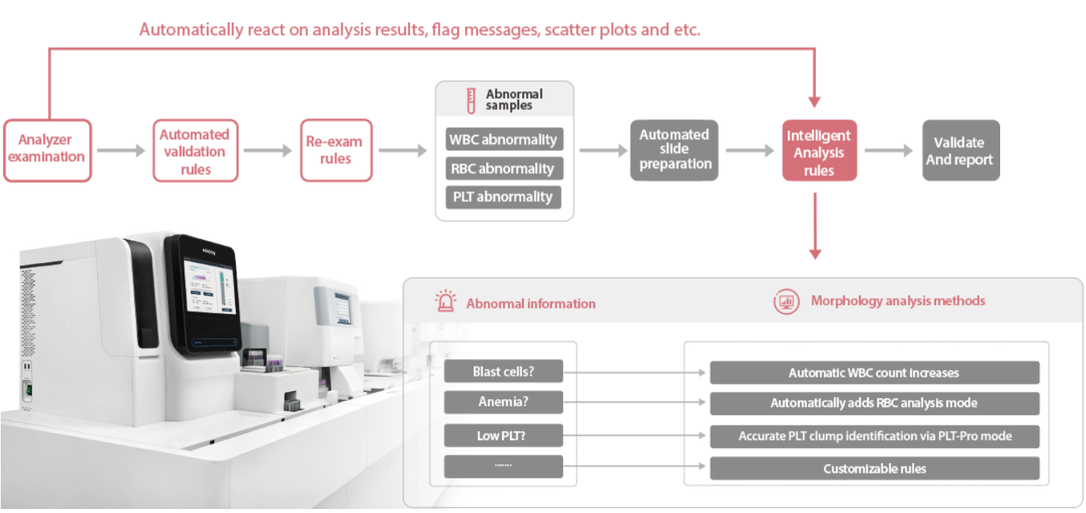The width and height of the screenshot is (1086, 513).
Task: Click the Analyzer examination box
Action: coord(47,151)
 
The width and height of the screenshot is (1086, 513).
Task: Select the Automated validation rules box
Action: coord(196,151)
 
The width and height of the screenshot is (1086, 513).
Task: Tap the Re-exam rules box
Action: coord(336,151)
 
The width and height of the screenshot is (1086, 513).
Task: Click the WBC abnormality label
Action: coord(505,139)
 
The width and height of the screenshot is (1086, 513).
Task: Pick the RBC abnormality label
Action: coord(505,168)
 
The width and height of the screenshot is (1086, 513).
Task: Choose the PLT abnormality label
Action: coord(503,197)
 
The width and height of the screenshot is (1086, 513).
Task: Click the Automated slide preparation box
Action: coord(675,150)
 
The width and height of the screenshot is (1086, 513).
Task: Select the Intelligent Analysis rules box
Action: coord(820,151)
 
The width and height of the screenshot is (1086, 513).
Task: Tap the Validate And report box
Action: coord(961,151)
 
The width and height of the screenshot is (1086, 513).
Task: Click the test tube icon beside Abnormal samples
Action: coord(471,101)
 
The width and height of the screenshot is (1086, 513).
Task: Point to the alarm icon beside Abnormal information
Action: coord(445,301)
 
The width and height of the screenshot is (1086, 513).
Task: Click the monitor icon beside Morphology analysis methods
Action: coord(786,301)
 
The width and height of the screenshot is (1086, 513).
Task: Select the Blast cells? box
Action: coord(503,371)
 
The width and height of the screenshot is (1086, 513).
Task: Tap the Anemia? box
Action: coord(503,402)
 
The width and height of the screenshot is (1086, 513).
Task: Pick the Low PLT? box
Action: coord(503,435)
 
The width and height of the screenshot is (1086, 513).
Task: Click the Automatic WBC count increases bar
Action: coord(874,373)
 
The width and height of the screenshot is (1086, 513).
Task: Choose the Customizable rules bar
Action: coord(874,468)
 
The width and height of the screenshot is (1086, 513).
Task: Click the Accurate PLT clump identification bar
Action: coord(874,436)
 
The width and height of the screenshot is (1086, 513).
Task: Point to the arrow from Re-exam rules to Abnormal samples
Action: coord(403,151)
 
